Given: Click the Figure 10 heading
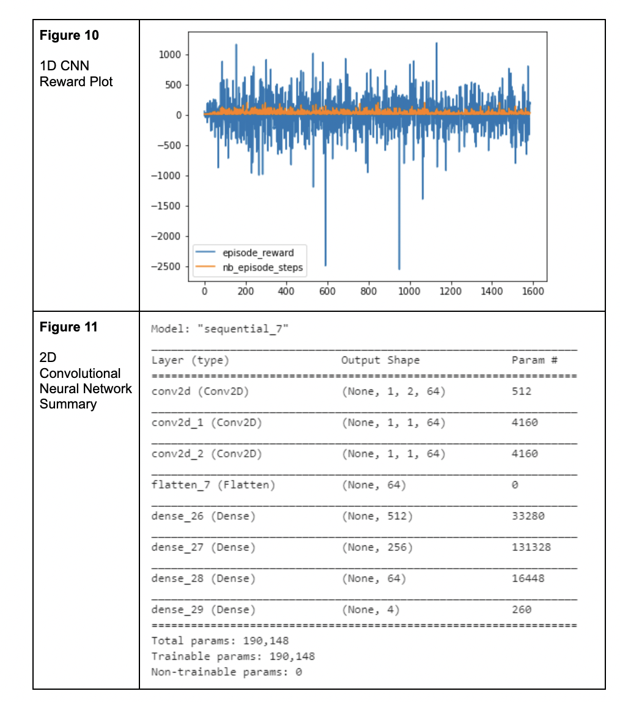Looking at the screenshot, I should tap(69, 35).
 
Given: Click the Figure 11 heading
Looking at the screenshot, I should tap(68, 327).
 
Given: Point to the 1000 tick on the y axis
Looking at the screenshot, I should tap(169, 55).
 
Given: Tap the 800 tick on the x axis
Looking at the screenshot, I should tap(369, 292).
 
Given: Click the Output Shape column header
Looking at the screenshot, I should tap(380, 360).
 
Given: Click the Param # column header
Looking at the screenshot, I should tap(534, 360).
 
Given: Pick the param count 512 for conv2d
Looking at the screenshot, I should tap(521, 391).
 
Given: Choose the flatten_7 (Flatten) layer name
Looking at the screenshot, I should tap(213, 485).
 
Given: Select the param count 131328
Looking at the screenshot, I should tap(531, 547).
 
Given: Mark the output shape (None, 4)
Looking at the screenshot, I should tap(371, 610).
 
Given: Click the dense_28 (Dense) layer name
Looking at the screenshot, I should tap(203, 578).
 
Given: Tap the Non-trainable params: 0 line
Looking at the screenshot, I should tap(226, 672).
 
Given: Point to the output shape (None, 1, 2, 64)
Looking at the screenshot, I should tap(393, 391).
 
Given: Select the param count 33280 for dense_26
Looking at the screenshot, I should tap(528, 516).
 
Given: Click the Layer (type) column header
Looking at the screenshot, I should tap(190, 360).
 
